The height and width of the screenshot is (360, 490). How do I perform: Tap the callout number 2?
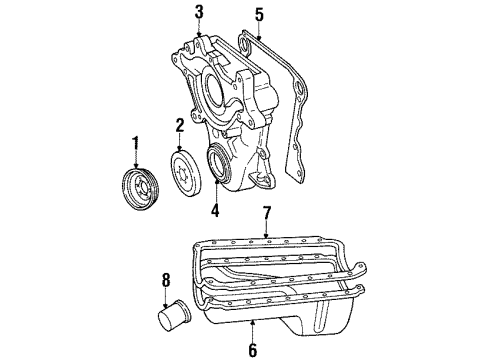pyautogui.click(x=180, y=125)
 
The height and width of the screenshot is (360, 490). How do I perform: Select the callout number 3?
pyautogui.click(x=199, y=12)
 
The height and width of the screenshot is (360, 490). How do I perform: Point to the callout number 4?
pyautogui.click(x=215, y=211)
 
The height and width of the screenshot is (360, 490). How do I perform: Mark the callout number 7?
pyautogui.click(x=267, y=213)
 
